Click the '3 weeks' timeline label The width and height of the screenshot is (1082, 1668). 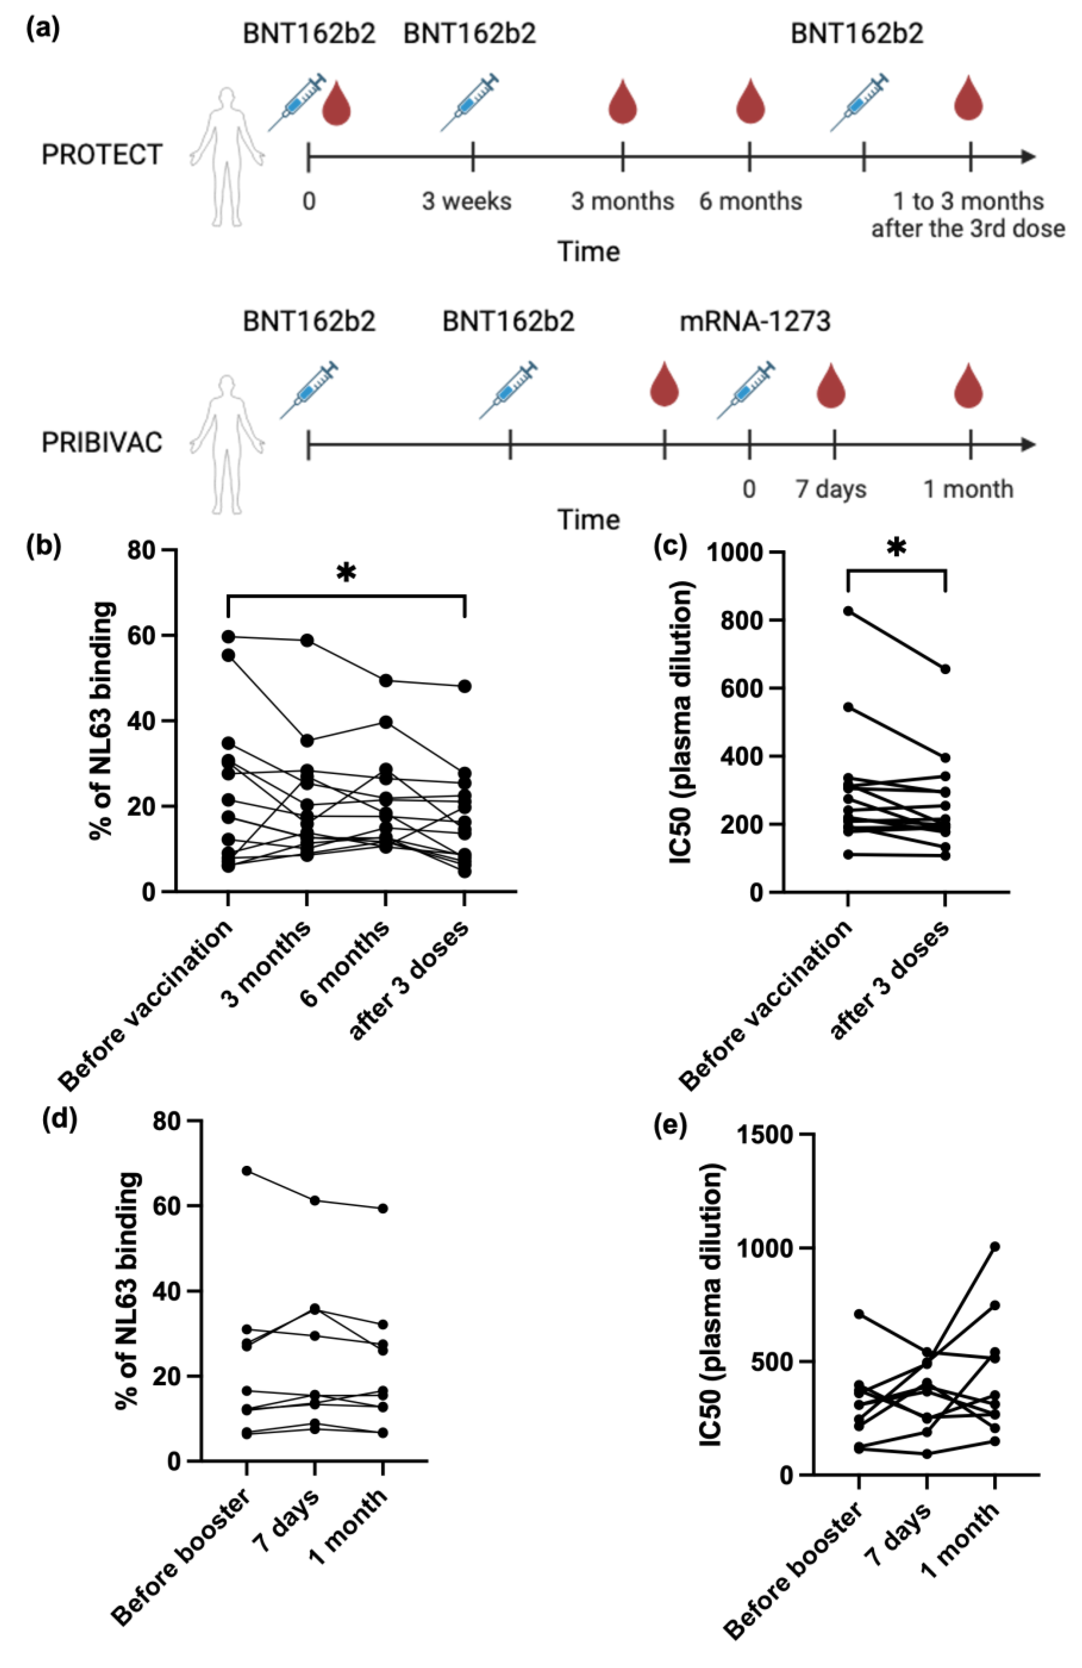coord(466,201)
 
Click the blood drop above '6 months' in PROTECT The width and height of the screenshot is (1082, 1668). coord(750,102)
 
